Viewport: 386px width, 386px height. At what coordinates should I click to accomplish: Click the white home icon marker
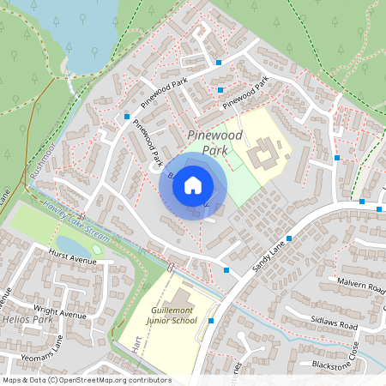coord(193,184)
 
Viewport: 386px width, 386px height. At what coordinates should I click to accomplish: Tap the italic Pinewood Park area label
coord(214,142)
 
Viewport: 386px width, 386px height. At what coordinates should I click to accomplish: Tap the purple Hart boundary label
coord(136,343)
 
